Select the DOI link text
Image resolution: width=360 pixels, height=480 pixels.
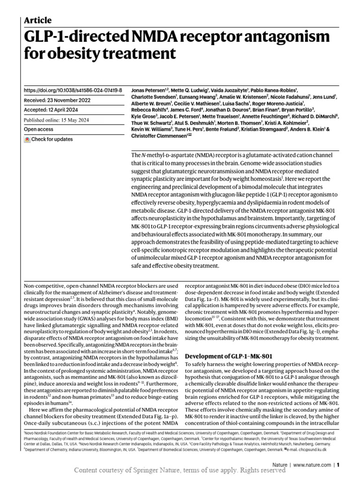pos(73,90)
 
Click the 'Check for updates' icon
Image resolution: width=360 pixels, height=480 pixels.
pos(27,140)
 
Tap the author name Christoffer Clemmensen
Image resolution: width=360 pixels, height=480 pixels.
pos(159,136)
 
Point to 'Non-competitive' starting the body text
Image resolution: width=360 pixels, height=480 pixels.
pos(44,285)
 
